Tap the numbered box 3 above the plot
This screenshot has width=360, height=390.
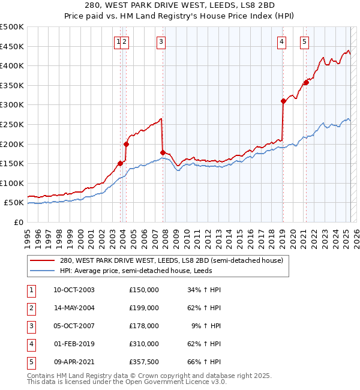tap(162, 41)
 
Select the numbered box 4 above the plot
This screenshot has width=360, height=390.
tap(281, 41)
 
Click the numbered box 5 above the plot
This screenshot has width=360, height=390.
tap(305, 41)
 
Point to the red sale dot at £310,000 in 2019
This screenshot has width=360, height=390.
tap(283, 101)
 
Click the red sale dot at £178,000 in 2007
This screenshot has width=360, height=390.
tap(163, 152)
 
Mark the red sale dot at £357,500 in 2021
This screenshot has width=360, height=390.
tap(306, 82)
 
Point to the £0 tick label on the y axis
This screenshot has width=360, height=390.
tap(18, 222)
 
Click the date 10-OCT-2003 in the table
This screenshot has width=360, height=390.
tap(74, 290)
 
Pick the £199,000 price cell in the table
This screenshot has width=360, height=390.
tap(144, 308)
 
